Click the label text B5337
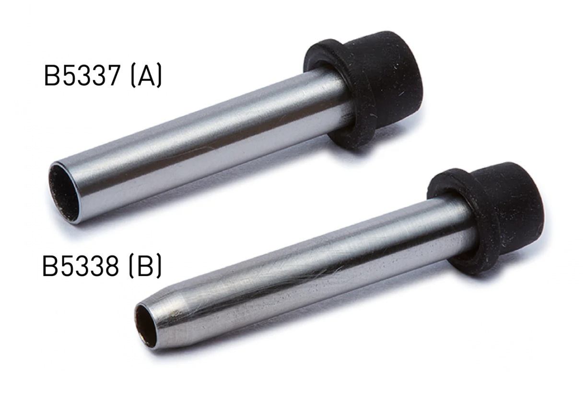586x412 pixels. pos(82,76)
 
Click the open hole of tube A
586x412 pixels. pos(64,193)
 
